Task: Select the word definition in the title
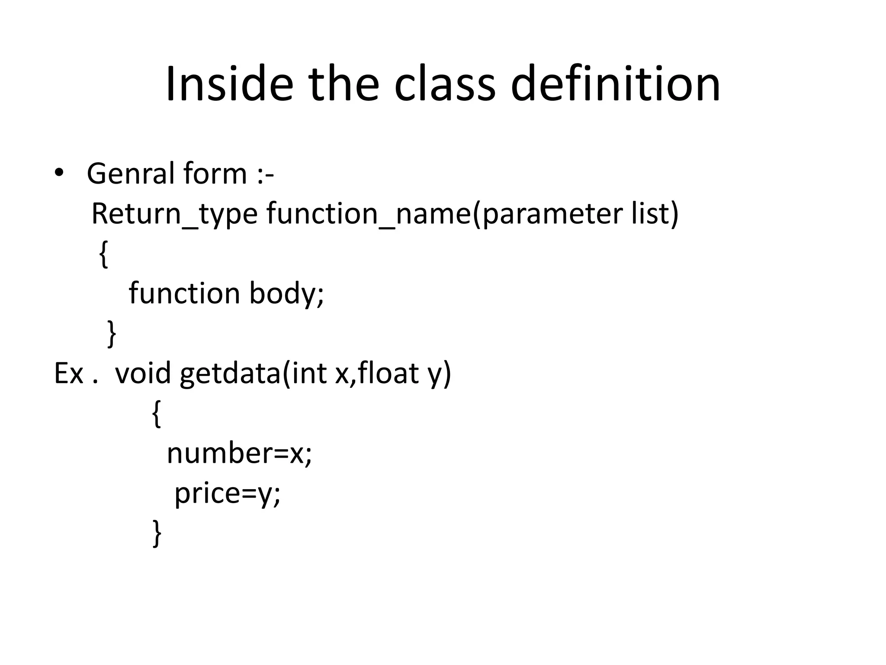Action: tap(615, 84)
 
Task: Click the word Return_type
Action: tap(174, 213)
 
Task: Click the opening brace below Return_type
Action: tap(103, 254)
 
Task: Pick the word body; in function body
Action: tap(286, 294)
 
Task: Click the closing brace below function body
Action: tap(112, 333)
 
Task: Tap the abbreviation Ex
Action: tap(68, 373)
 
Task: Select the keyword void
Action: tap(143, 373)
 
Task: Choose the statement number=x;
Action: tap(239, 454)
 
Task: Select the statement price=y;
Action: tap(228, 494)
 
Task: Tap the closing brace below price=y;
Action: tap(157, 533)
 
